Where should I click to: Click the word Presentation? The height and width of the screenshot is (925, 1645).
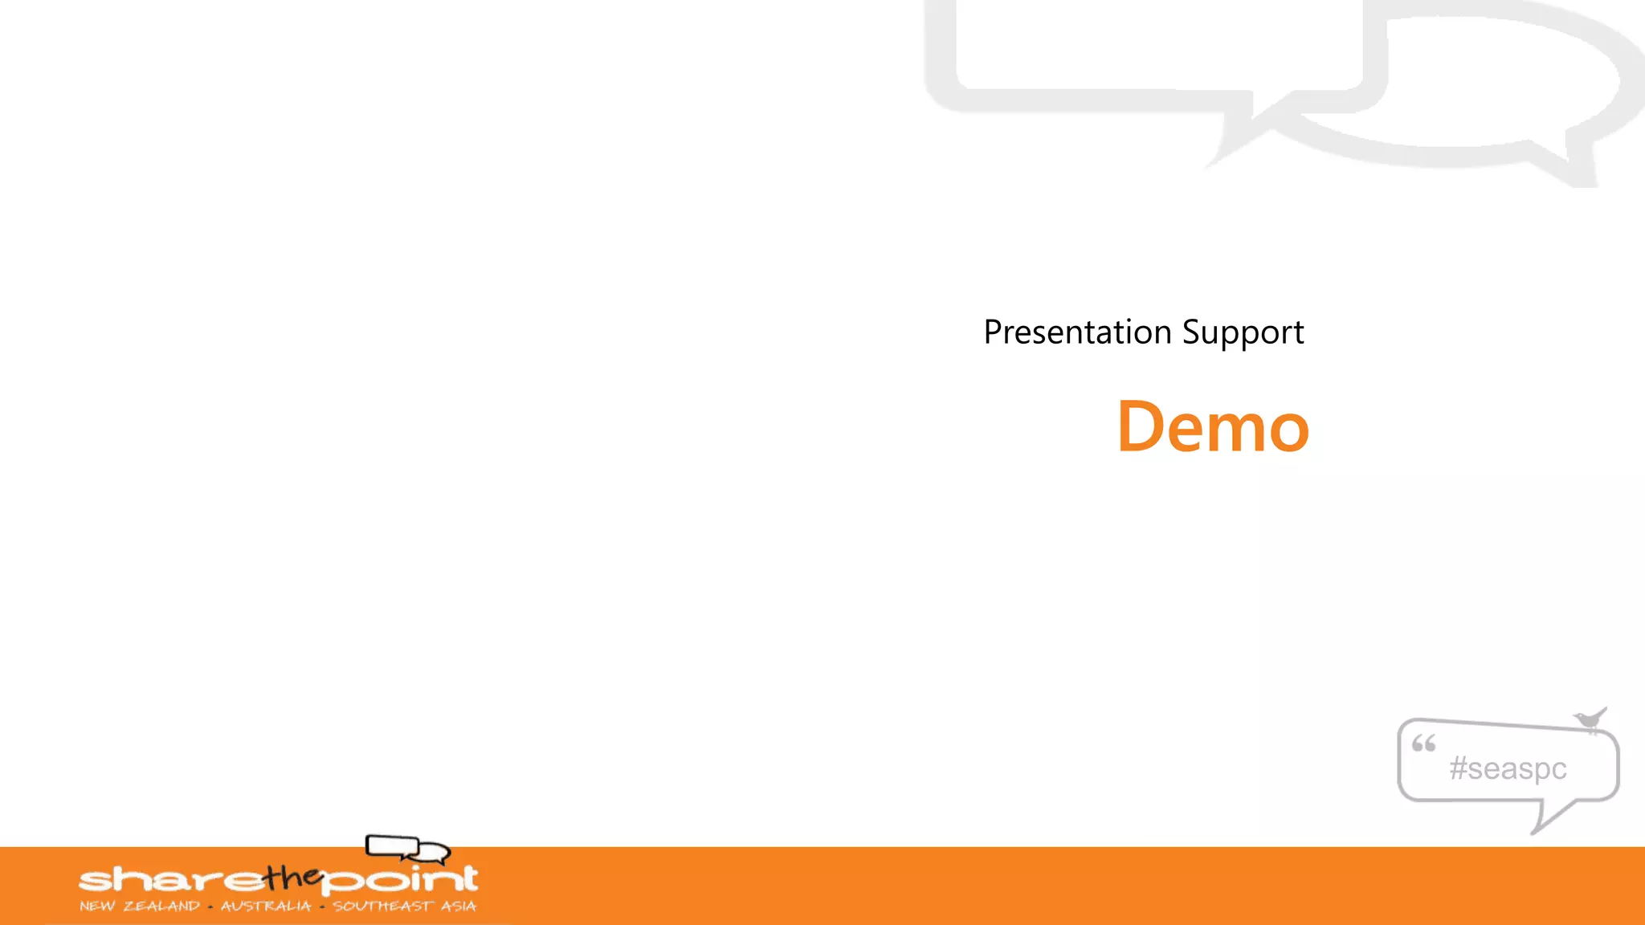point(1077,332)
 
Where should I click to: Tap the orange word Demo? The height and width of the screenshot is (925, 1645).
point(1213,427)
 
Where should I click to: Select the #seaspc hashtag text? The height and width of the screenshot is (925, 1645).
point(1508,768)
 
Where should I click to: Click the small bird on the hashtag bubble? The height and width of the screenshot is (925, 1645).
point(1590,719)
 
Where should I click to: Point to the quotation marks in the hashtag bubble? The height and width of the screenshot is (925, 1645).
point(1423,744)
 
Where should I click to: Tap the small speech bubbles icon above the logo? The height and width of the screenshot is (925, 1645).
point(407,848)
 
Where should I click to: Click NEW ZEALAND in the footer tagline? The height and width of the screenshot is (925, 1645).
point(140,907)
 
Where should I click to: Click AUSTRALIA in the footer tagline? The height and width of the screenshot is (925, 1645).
point(266,907)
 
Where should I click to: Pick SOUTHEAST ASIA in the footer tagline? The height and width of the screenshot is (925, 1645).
point(404,907)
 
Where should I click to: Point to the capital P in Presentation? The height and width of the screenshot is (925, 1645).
point(993,332)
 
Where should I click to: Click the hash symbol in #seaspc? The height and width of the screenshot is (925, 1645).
point(1458,768)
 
